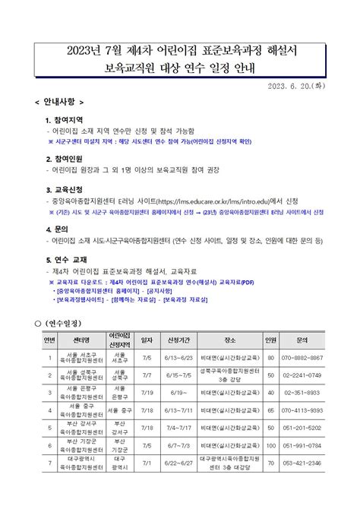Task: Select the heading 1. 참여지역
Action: pyautogui.click(x=71, y=120)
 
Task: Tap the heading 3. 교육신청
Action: pyautogui.click(x=71, y=189)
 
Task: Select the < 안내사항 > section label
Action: pyautogui.click(x=59, y=101)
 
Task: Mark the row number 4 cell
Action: pyautogui.click(x=49, y=410)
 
